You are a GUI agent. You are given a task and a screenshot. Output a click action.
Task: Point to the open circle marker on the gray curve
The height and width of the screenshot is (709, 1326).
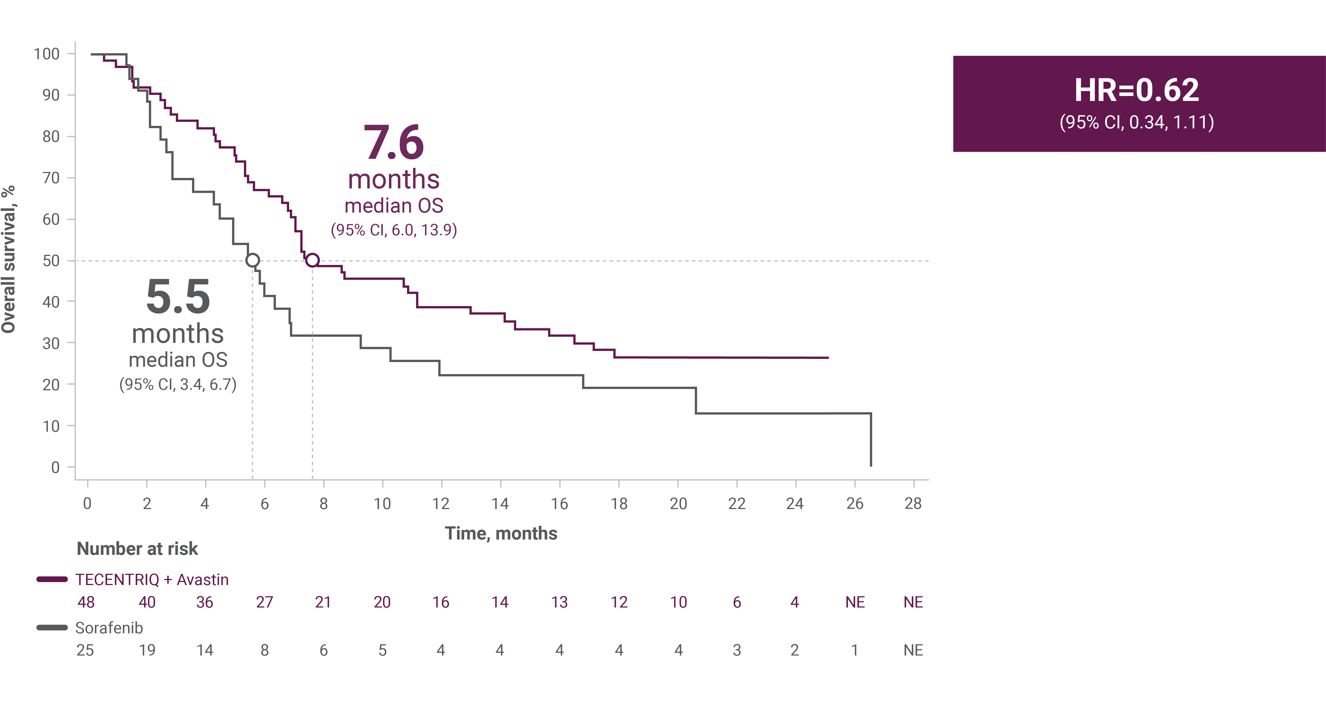(252, 260)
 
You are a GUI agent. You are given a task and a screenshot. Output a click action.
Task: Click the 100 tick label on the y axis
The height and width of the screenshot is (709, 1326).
(47, 54)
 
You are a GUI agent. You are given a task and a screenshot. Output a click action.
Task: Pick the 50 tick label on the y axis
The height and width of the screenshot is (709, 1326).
(51, 261)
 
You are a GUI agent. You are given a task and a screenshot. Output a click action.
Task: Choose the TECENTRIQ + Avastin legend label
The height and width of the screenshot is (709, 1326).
(152, 580)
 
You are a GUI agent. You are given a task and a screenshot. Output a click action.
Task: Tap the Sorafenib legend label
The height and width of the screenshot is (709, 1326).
(109, 628)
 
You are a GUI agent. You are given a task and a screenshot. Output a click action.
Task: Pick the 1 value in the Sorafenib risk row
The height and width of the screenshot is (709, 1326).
(854, 650)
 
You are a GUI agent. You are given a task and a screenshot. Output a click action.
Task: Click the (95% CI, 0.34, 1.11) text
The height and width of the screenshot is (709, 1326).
(1136, 122)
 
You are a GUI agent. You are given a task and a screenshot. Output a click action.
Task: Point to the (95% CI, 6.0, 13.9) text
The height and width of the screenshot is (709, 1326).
(394, 230)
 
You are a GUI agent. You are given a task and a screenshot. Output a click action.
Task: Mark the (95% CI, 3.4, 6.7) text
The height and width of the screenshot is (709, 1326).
(178, 384)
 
